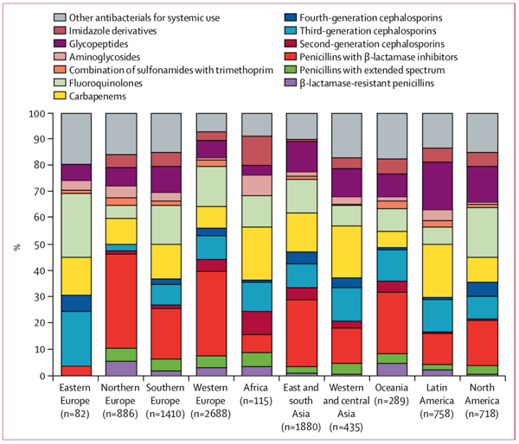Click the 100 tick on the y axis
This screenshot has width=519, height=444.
click(35, 113)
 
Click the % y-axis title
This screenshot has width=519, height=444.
click(15, 244)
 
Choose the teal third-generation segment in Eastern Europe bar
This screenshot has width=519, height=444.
click(76, 338)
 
